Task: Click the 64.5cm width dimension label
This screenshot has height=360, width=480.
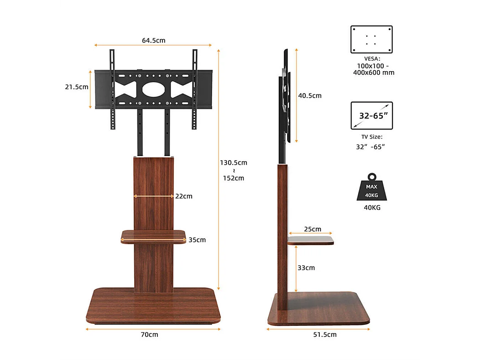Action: click(x=153, y=40)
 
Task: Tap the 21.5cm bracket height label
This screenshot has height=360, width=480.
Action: click(x=77, y=87)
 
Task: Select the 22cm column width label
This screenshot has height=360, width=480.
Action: click(x=183, y=196)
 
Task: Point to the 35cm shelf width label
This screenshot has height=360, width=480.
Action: click(x=197, y=240)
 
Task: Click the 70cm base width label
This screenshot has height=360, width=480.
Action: click(x=149, y=334)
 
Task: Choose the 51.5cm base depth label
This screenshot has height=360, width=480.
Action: click(x=325, y=334)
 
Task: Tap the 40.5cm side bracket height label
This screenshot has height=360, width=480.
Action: click(x=310, y=95)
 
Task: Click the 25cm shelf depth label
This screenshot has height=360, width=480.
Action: click(x=313, y=229)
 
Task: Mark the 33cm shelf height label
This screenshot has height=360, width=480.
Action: click(x=306, y=268)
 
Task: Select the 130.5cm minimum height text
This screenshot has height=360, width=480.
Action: click(x=233, y=162)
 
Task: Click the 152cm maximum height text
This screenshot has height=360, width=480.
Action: click(x=233, y=178)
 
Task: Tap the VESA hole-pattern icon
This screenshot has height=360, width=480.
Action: click(x=371, y=40)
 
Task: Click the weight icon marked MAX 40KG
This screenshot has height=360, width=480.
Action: click(x=371, y=188)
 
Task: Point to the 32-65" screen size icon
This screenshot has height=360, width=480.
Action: click(x=371, y=115)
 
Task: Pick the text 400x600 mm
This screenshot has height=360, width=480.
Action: click(x=374, y=73)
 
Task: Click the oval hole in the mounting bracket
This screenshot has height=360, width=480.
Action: click(x=154, y=89)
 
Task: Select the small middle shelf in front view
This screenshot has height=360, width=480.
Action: click(x=154, y=237)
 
